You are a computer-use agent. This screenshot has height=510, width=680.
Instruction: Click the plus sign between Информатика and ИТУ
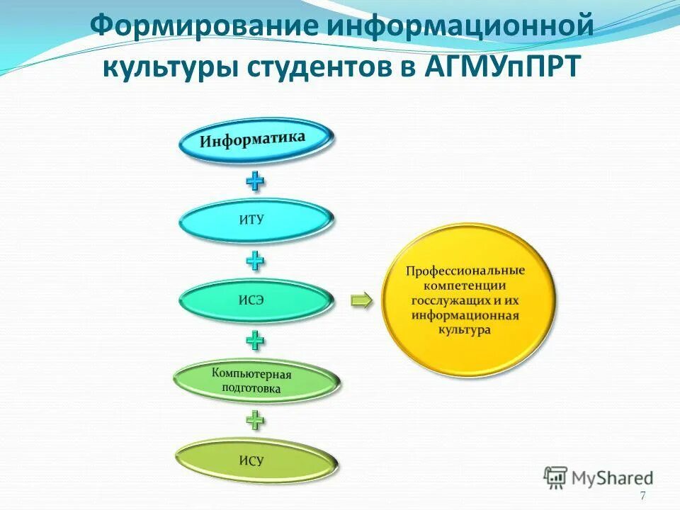click(x=255, y=181)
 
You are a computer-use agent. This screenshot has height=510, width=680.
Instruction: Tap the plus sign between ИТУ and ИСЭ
click(x=255, y=261)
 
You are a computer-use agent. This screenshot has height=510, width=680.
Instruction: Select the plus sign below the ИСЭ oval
click(x=255, y=341)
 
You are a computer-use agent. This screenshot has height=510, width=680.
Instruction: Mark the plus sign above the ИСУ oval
click(x=255, y=421)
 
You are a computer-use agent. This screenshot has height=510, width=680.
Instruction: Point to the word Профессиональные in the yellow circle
click(x=465, y=271)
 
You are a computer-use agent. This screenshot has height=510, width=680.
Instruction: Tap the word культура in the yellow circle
click(x=465, y=329)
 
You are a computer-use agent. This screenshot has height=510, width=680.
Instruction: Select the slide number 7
click(x=642, y=496)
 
